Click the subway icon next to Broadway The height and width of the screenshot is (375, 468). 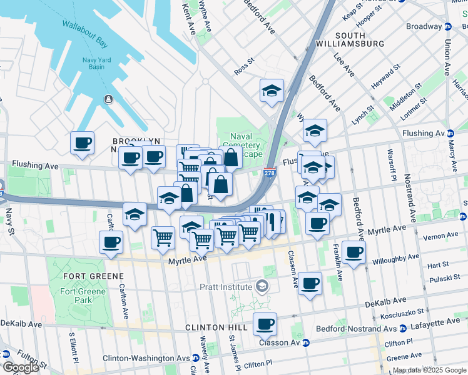pos(448,27)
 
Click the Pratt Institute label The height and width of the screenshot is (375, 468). pos(225,287)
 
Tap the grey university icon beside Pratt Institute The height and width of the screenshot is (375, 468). pos(262,287)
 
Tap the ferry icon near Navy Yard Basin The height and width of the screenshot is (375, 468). pos(108,99)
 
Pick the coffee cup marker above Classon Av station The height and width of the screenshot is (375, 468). pos(265,324)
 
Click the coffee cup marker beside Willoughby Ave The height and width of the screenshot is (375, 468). pos(354,252)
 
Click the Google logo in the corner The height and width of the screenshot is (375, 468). pos(21,367)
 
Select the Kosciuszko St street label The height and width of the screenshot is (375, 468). pos(404,311)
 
